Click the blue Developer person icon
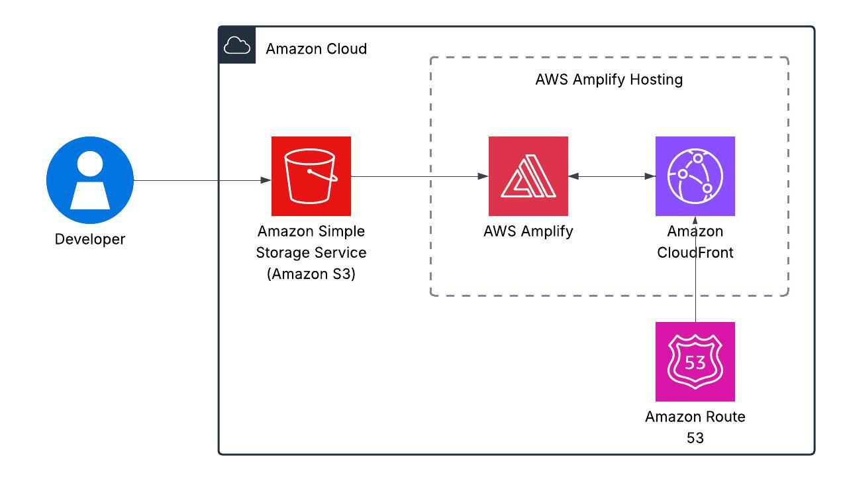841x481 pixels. tap(90, 180)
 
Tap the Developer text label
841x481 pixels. tap(90, 239)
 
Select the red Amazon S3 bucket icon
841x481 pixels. tap(311, 176)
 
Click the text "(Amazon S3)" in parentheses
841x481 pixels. tap(311, 274)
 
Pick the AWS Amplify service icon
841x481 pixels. tap(528, 176)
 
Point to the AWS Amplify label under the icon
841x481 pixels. tap(528, 231)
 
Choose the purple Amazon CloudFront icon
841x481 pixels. tap(695, 176)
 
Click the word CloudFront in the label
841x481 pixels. tap(695, 252)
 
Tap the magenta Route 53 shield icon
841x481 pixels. tap(695, 362)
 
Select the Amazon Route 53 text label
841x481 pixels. tap(695, 417)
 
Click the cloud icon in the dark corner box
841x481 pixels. tap(237, 46)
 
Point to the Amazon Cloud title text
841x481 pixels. tap(317, 49)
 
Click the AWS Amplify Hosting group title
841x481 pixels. tap(609, 80)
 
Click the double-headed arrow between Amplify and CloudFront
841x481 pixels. tap(612, 176)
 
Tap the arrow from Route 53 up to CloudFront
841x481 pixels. tap(695, 292)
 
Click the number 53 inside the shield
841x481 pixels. tap(695, 363)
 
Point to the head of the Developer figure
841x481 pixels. tap(90, 164)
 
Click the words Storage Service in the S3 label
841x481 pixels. tap(311, 252)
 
